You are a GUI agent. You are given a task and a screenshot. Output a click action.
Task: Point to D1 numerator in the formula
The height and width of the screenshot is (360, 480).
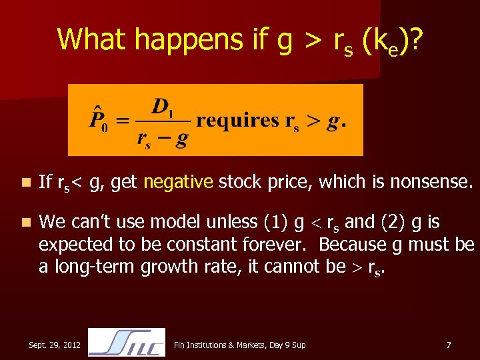click(162, 107)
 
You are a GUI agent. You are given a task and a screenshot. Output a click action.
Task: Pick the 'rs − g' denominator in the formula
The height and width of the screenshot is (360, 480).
click(162, 137)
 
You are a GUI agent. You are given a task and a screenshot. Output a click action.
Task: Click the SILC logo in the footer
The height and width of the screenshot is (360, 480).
click(126, 342)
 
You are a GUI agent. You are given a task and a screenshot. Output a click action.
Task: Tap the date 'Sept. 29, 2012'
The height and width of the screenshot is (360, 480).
click(55, 345)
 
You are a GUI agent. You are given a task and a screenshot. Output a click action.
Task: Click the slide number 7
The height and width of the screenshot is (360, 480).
click(449, 345)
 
